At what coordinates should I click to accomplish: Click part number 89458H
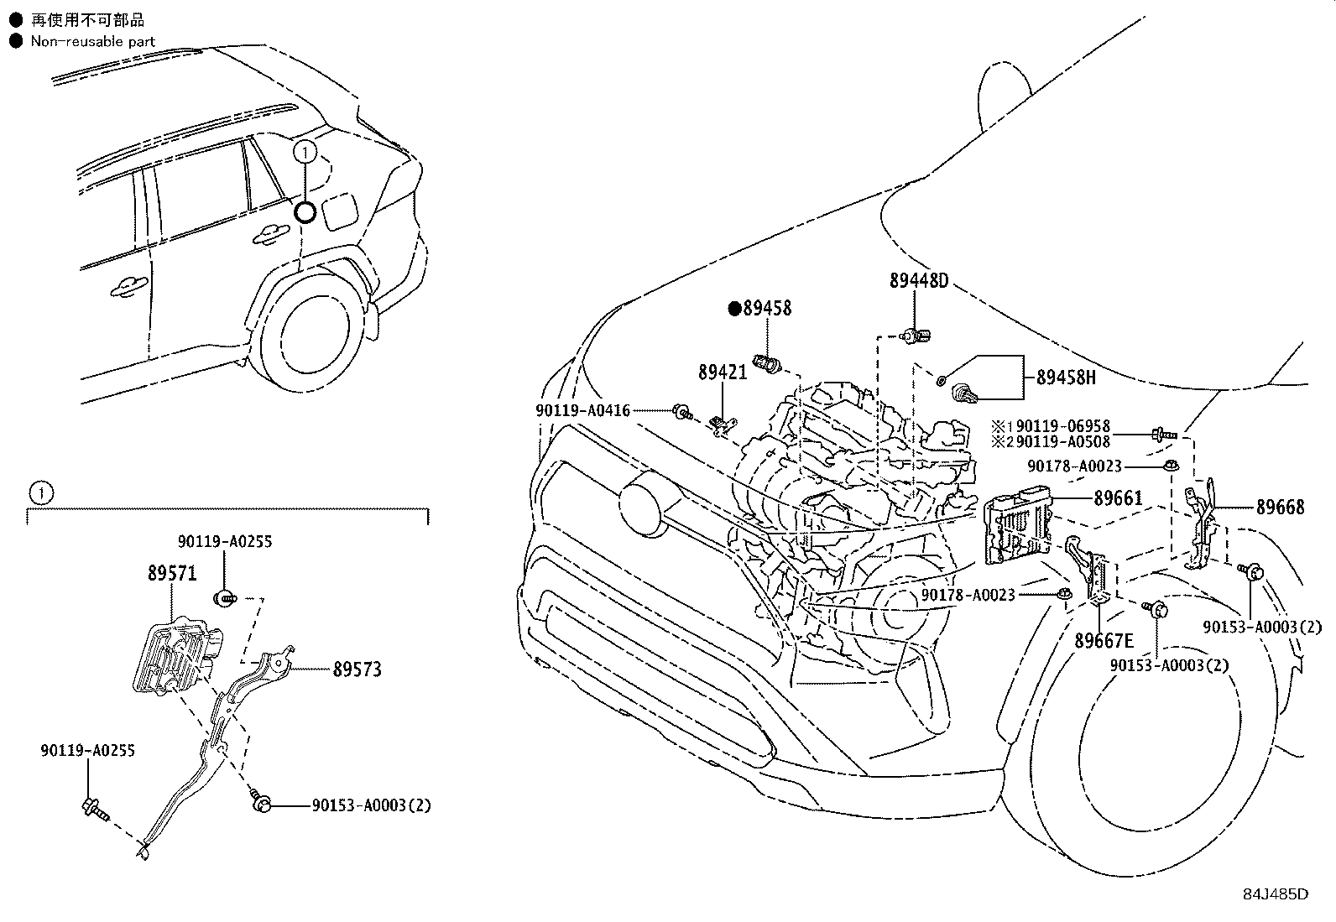pos(1066,378)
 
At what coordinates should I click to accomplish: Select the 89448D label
pos(918,280)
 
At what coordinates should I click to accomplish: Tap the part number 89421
pos(723,372)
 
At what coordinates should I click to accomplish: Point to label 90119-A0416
pos(582,410)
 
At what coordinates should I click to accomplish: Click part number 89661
pos(1118,498)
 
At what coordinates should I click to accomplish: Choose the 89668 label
pos(1280,507)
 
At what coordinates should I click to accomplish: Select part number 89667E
pos(1104,640)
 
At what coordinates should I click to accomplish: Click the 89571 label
pos(172,573)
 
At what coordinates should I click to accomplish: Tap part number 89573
pos(357,669)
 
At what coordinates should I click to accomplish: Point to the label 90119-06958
pos(1062,426)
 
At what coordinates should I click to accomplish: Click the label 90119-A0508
pos(1062,441)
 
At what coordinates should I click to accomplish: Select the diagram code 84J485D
pos(1276,894)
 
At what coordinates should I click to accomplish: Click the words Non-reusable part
pos(92,41)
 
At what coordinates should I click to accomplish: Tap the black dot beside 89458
pos(734,309)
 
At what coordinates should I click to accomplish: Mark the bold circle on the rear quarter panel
pos(305,212)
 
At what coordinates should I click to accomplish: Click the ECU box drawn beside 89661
pos(1017,525)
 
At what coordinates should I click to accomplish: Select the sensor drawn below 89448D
pos(916,336)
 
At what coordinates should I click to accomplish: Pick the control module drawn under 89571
pos(177,657)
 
